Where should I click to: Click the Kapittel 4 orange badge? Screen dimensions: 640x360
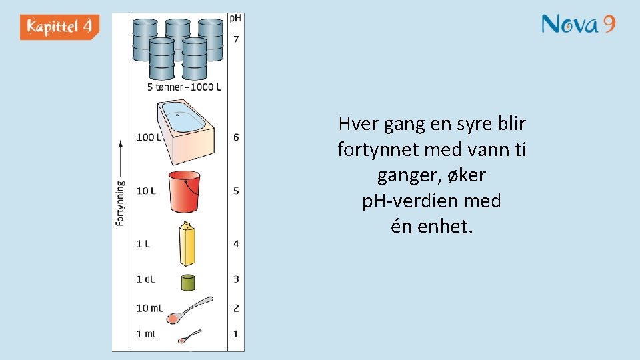coord(60,27)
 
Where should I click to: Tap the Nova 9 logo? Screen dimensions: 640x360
coord(578,25)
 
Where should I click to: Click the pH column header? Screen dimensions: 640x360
coord(235,18)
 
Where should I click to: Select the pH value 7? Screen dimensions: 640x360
coord(236,39)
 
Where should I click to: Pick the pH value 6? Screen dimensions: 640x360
coord(236,137)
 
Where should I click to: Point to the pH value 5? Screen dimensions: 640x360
coord(236,191)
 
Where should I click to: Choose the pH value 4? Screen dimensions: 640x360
coord(236,244)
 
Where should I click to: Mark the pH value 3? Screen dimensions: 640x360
coord(236,279)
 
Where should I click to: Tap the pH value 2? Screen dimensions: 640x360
coord(236,308)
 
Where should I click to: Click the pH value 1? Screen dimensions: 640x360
coord(236,334)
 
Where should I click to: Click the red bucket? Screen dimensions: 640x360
coord(183,191)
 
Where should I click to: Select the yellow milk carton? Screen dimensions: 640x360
coord(187,244)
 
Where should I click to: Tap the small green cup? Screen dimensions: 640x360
coord(187,281)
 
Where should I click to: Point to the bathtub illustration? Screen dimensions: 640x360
coord(185,131)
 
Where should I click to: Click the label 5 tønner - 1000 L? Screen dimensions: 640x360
coord(184,87)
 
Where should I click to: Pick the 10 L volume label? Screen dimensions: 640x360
coord(146,191)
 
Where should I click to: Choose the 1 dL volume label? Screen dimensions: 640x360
coord(145,279)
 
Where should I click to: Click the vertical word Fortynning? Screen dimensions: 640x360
coord(121,203)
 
